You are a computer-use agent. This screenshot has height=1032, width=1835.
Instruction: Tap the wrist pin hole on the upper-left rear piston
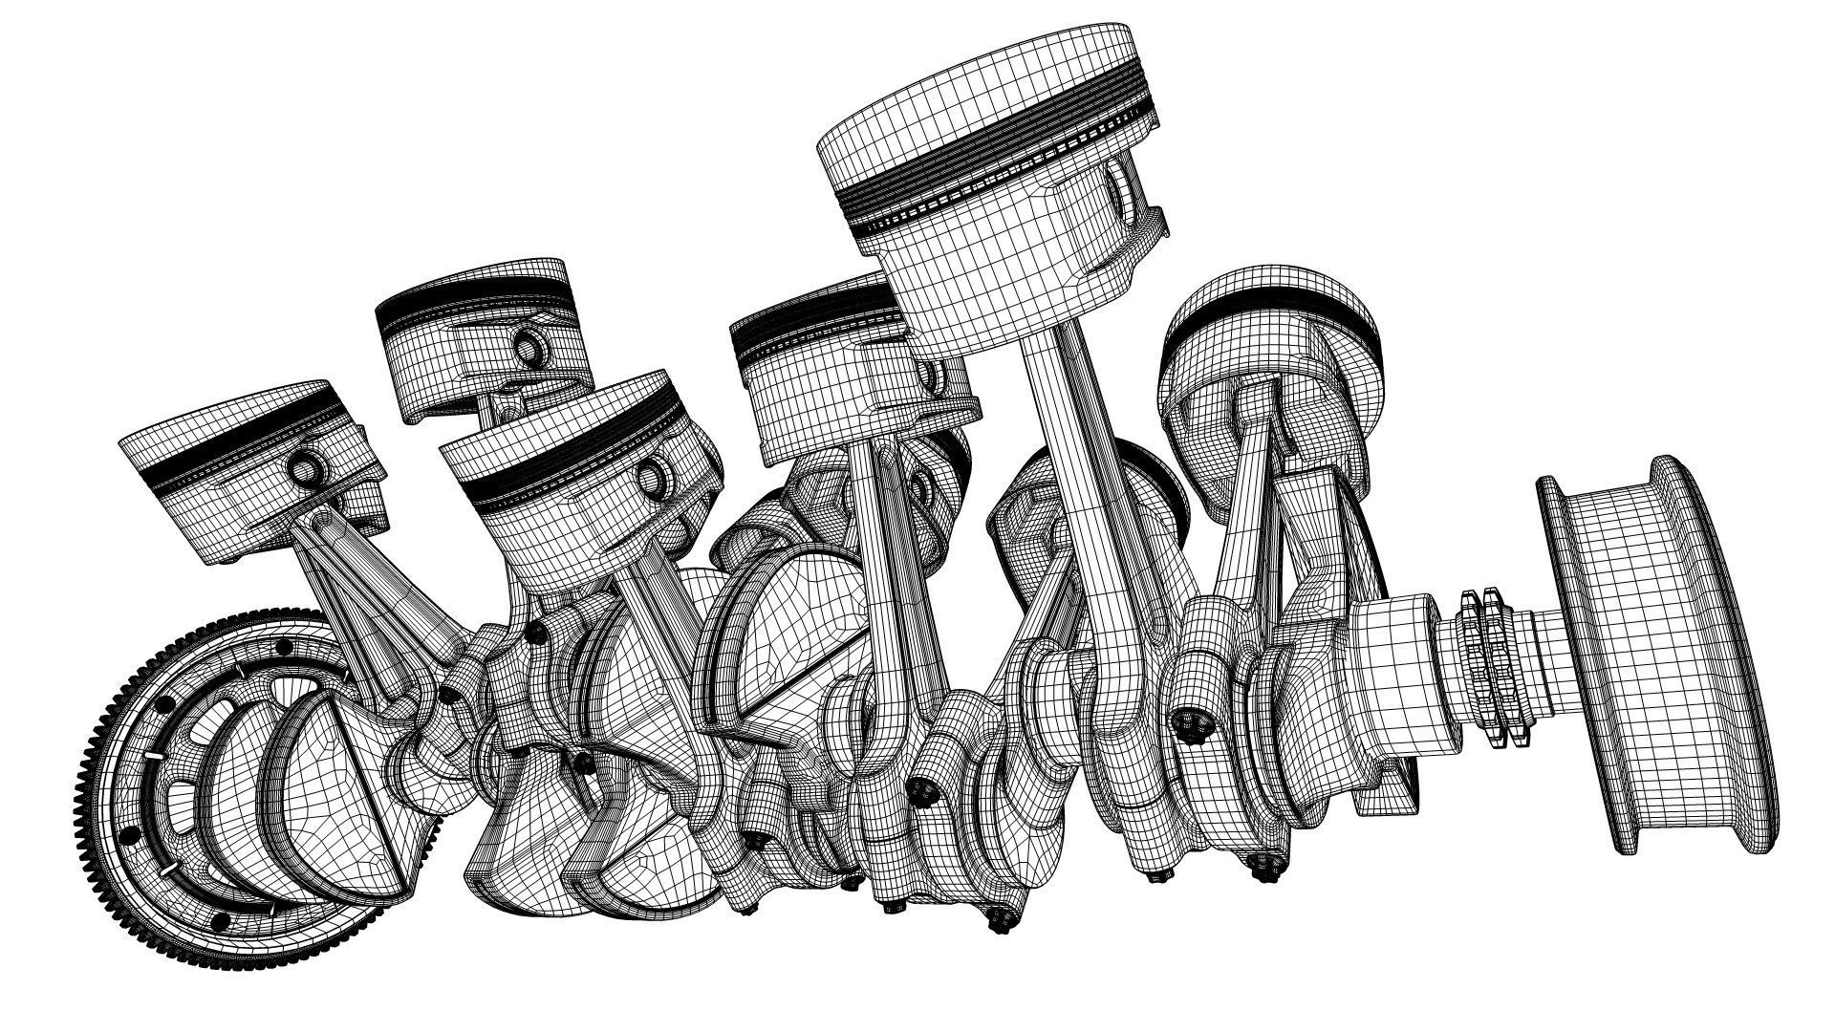click(527, 343)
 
